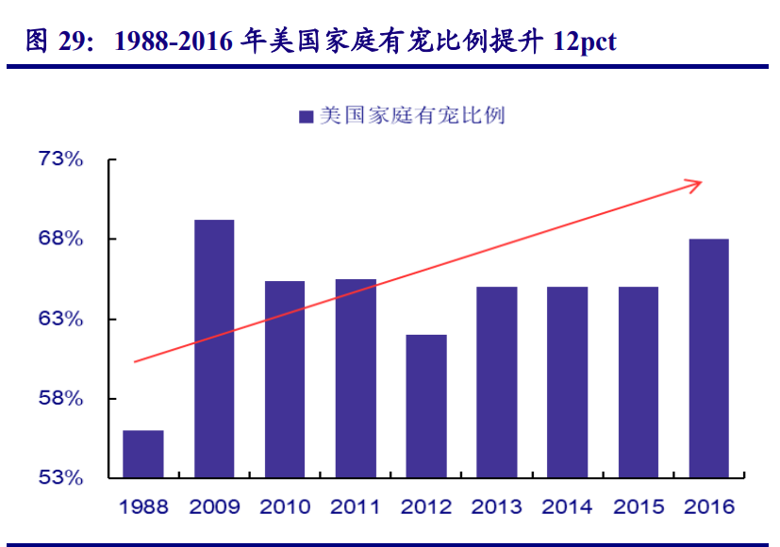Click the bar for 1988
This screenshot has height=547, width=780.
[x=143, y=454]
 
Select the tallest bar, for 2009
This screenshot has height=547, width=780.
[x=214, y=348]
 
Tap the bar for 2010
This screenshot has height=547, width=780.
[x=285, y=379]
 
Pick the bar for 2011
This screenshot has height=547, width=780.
[x=356, y=378]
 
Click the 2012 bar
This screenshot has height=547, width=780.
[x=426, y=406]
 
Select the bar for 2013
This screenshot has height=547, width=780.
[x=497, y=382]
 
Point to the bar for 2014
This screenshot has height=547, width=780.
[x=568, y=382]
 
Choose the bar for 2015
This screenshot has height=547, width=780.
[x=639, y=382]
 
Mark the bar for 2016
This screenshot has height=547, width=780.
[x=709, y=358]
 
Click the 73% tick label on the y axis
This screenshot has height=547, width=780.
[x=61, y=159]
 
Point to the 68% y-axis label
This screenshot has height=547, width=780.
[x=61, y=239]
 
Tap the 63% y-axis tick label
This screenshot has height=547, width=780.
[x=61, y=319]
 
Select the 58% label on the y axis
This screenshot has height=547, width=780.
[x=61, y=398]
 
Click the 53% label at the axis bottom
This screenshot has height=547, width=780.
[x=61, y=477]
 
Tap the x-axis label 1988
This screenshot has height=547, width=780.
[x=143, y=507]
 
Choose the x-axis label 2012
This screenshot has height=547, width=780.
[x=426, y=507]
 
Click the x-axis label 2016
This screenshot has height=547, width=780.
[x=709, y=507]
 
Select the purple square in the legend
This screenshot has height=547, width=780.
[x=306, y=116]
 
